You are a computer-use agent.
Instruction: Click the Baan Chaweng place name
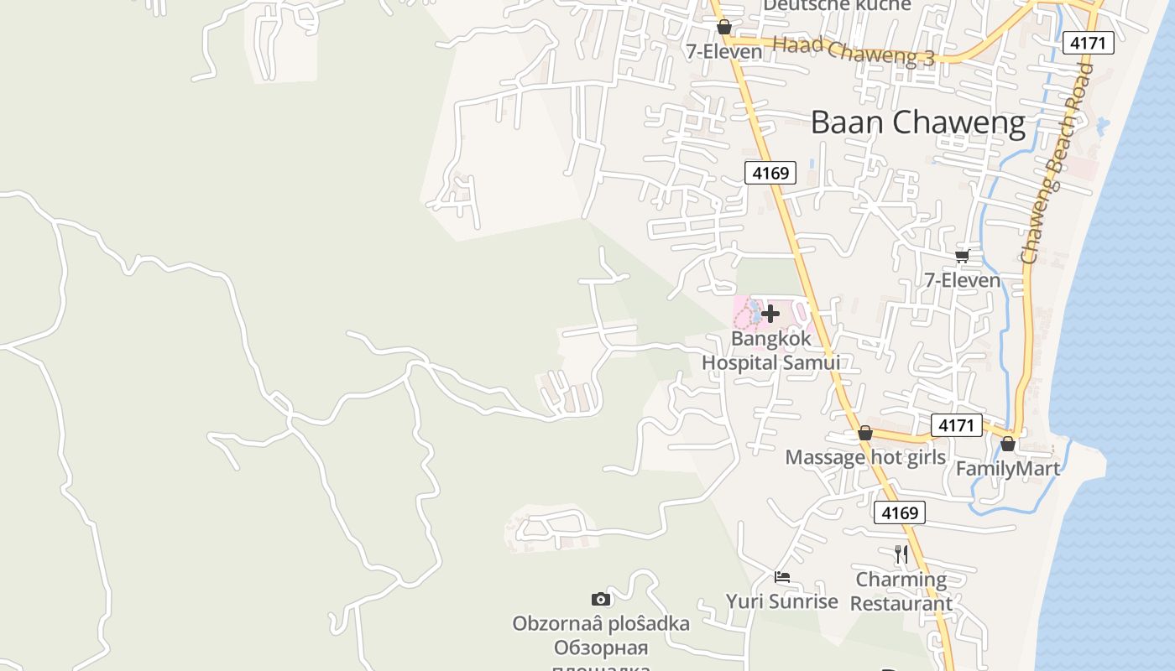917,123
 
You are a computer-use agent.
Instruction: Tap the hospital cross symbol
770,314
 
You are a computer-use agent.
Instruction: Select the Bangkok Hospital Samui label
770,351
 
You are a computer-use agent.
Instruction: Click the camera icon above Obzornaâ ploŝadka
601,599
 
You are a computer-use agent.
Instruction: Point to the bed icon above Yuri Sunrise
782,577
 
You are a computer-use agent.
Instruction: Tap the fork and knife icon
901,554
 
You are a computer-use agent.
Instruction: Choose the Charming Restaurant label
901,591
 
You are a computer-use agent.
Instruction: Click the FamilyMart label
1008,469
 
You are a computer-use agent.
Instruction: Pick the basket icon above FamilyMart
1008,443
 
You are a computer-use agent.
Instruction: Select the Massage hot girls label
865,457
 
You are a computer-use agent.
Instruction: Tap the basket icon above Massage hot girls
865,433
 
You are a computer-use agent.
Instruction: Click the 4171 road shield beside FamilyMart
956,425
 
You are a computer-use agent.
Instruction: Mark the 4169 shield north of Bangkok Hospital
770,174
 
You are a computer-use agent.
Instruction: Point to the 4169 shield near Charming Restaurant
899,512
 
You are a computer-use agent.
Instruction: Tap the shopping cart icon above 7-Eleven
962,256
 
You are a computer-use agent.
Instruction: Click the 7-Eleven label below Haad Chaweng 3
724,52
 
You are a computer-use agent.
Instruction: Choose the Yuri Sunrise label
782,601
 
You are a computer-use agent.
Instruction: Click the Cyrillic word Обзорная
601,648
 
